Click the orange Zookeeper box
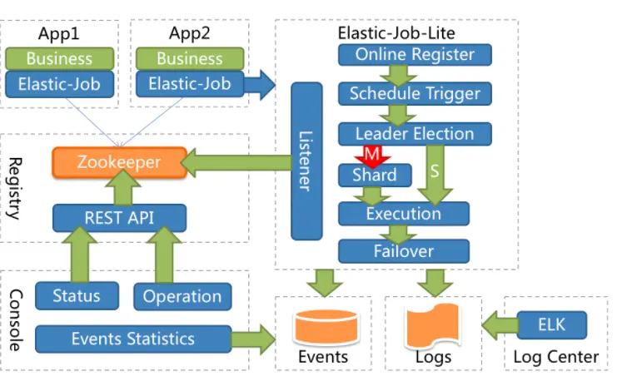click(120, 162)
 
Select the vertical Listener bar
click(306, 161)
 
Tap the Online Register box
click(415, 55)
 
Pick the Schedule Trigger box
click(415, 93)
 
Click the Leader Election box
click(415, 134)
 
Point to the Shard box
click(375, 176)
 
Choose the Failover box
click(404, 251)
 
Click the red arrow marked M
click(372, 156)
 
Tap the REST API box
click(119, 218)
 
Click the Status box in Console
click(77, 296)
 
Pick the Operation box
click(182, 296)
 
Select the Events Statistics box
click(133, 339)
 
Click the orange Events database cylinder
click(326, 327)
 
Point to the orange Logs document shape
click(433, 326)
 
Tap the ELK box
click(551, 324)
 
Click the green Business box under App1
click(60, 59)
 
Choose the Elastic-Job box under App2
click(190, 84)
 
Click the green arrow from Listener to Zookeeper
click(236, 163)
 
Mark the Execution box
click(404, 214)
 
